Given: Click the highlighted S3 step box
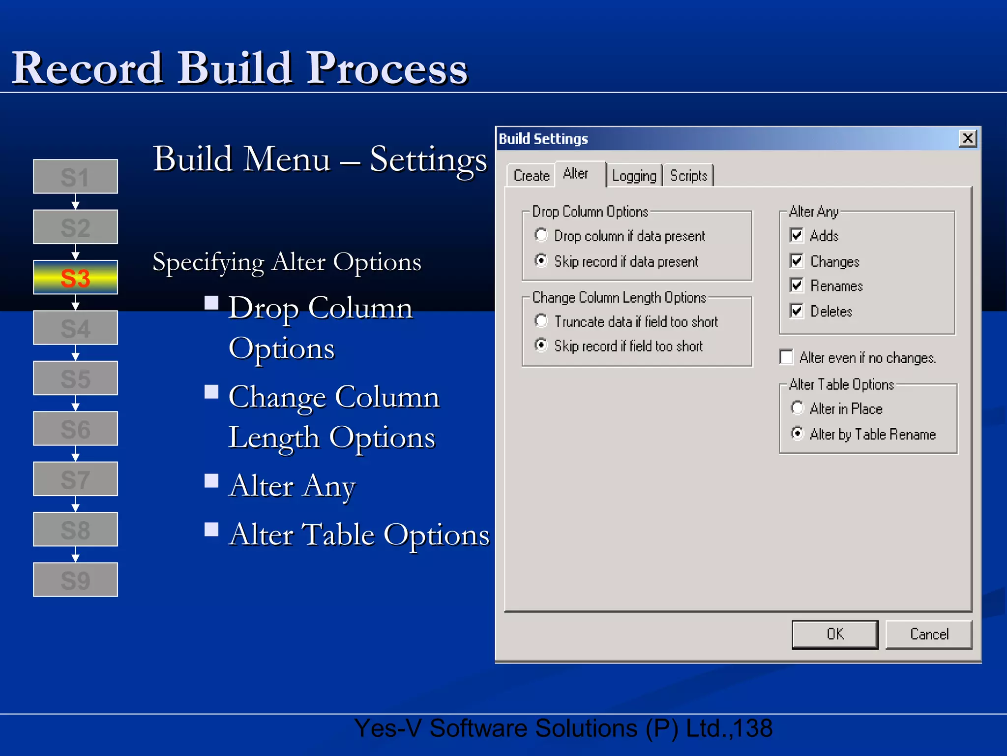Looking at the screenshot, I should pyautogui.click(x=75, y=278).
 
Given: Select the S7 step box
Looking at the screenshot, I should pyautogui.click(x=75, y=479).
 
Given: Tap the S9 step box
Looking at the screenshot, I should pyautogui.click(x=75, y=580).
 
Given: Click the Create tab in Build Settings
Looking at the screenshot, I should pyautogui.click(x=531, y=176).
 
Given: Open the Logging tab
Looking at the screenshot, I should pyautogui.click(x=634, y=176).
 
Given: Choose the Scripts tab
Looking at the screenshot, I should pyautogui.click(x=688, y=176).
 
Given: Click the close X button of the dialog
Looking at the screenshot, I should pyautogui.click(x=967, y=138).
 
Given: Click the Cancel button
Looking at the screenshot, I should pyautogui.click(x=928, y=634).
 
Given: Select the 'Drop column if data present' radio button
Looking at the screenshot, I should pyautogui.click(x=541, y=235).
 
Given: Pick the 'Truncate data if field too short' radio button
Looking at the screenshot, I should pyautogui.click(x=541, y=321).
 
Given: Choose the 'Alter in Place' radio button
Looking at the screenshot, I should pyautogui.click(x=797, y=408).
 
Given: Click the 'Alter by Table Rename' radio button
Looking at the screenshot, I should pyautogui.click(x=797, y=434).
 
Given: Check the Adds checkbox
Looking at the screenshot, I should pyautogui.click(x=797, y=235).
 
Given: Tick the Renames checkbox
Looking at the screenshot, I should pyautogui.click(x=797, y=285).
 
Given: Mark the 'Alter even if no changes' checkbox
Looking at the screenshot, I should pyautogui.click(x=787, y=357).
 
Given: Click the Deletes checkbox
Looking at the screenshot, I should pyautogui.click(x=797, y=311).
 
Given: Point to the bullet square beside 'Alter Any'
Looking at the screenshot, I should pyautogui.click(x=211, y=480).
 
